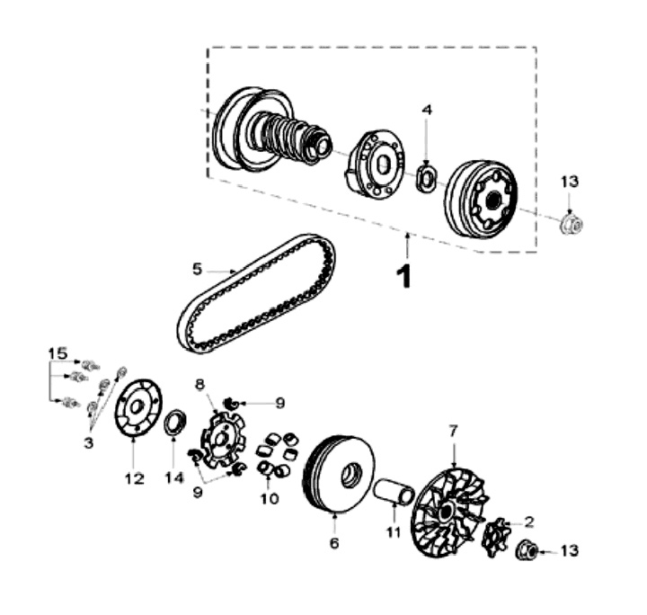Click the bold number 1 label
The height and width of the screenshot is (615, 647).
coord(405,274)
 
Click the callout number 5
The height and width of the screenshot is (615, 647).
coord(197,267)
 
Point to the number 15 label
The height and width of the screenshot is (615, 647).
coord(58,353)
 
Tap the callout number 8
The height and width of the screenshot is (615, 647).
coord(200,383)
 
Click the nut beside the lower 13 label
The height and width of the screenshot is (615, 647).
coord(528,551)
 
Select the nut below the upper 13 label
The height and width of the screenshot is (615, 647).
coord(568,223)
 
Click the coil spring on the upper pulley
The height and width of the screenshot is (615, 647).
coord(286,135)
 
